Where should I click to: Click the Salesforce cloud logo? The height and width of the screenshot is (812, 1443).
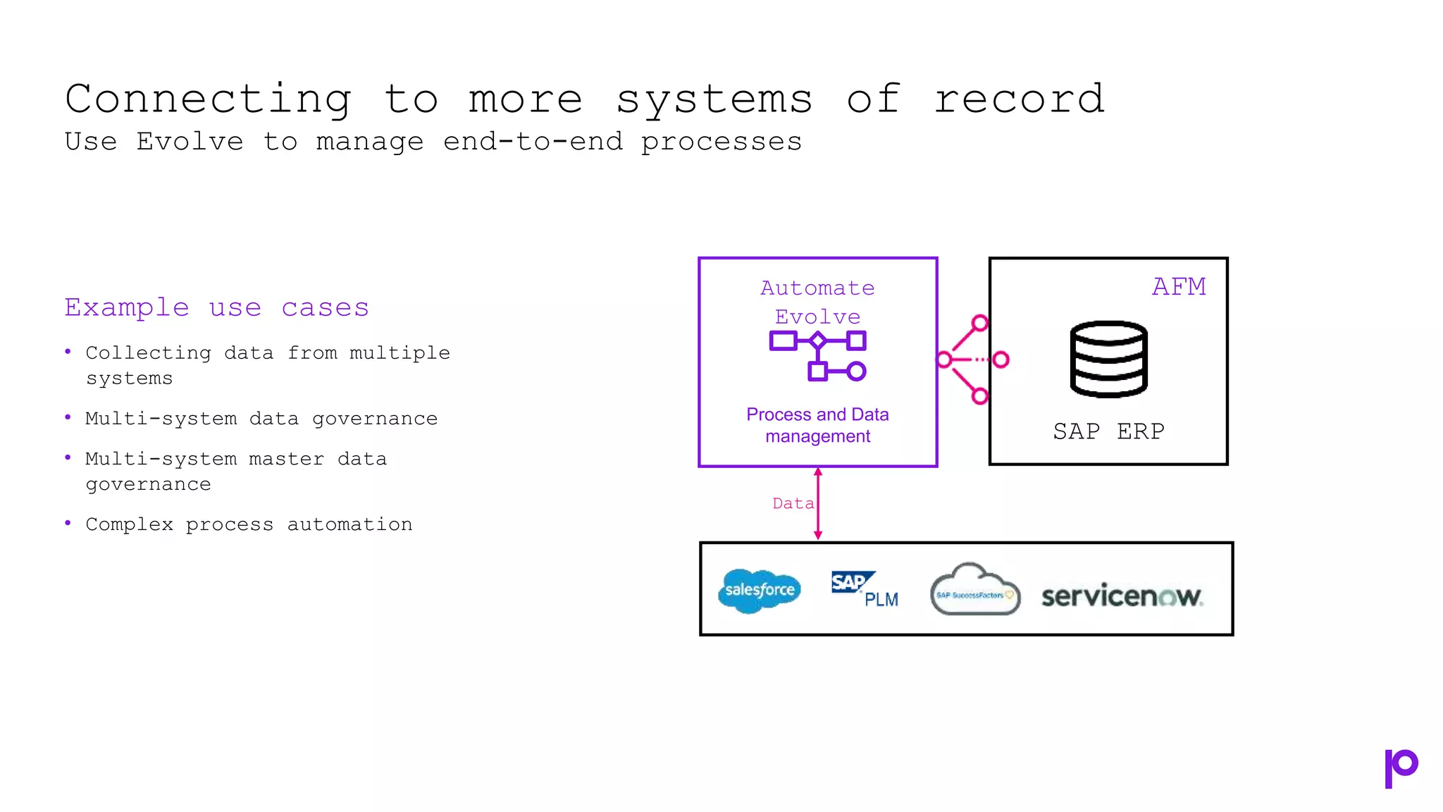coord(760,590)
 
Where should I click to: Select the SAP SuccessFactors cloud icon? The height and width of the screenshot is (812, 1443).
coord(974,591)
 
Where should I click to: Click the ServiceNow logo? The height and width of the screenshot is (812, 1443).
coord(1122,596)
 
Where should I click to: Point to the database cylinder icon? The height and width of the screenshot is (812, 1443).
coord(1108,359)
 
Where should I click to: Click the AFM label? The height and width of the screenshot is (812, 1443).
coord(1179,287)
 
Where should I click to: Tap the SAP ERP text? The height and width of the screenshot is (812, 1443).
coord(1108,431)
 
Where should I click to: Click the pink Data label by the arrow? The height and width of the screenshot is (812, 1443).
coord(793,503)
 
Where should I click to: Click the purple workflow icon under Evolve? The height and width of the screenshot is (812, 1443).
coord(818,356)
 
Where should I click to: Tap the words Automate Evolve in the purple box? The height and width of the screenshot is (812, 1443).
coord(817,302)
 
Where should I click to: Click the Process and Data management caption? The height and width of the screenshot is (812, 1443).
coord(817,425)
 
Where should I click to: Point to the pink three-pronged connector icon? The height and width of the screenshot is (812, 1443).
coord(971,360)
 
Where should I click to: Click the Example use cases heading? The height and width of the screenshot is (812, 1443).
coord(216,308)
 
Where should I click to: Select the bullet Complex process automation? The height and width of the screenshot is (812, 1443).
coord(249,524)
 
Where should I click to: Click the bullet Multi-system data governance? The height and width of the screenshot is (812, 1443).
coord(261,419)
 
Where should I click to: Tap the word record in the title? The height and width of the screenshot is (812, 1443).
coord(1019,99)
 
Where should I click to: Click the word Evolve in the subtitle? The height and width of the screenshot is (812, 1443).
coord(190,142)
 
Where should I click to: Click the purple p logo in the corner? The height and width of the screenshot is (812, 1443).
coord(1400,768)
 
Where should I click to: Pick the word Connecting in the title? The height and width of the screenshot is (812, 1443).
coord(209,99)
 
